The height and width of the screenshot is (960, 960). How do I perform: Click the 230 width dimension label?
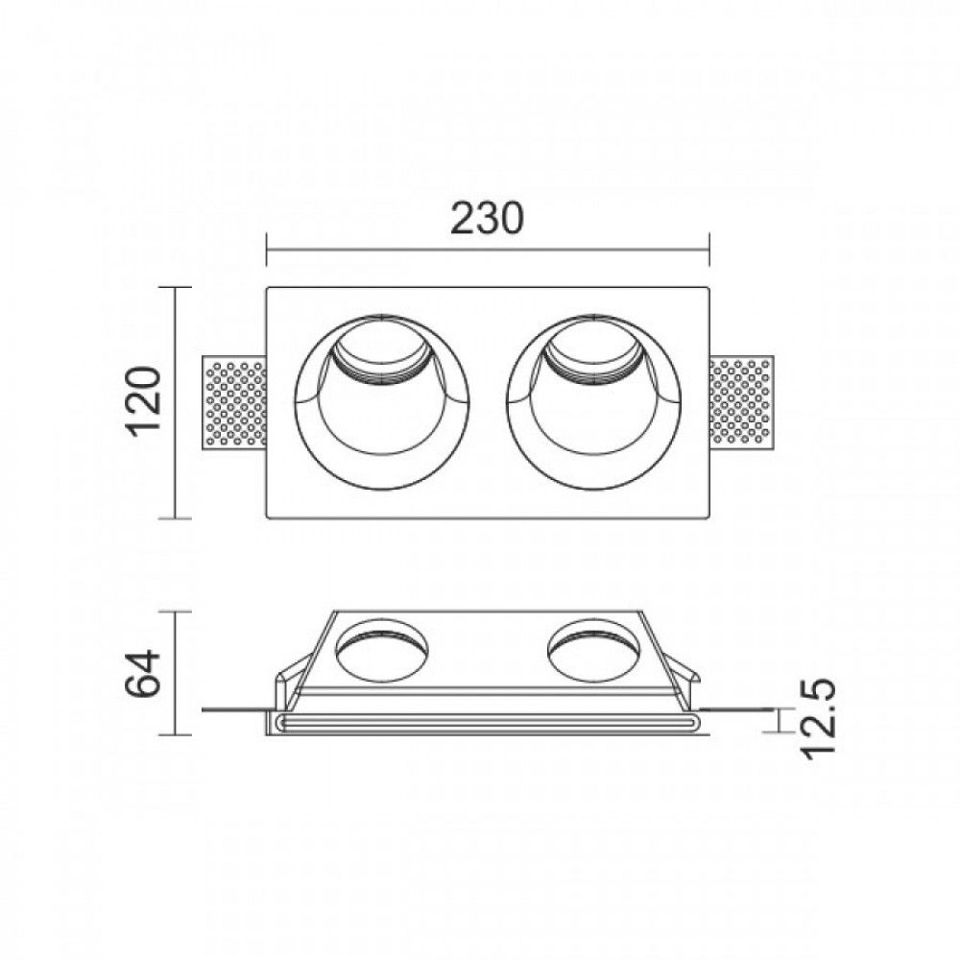tap(487, 219)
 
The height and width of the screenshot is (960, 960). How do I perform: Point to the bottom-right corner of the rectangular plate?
tap(708, 518)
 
